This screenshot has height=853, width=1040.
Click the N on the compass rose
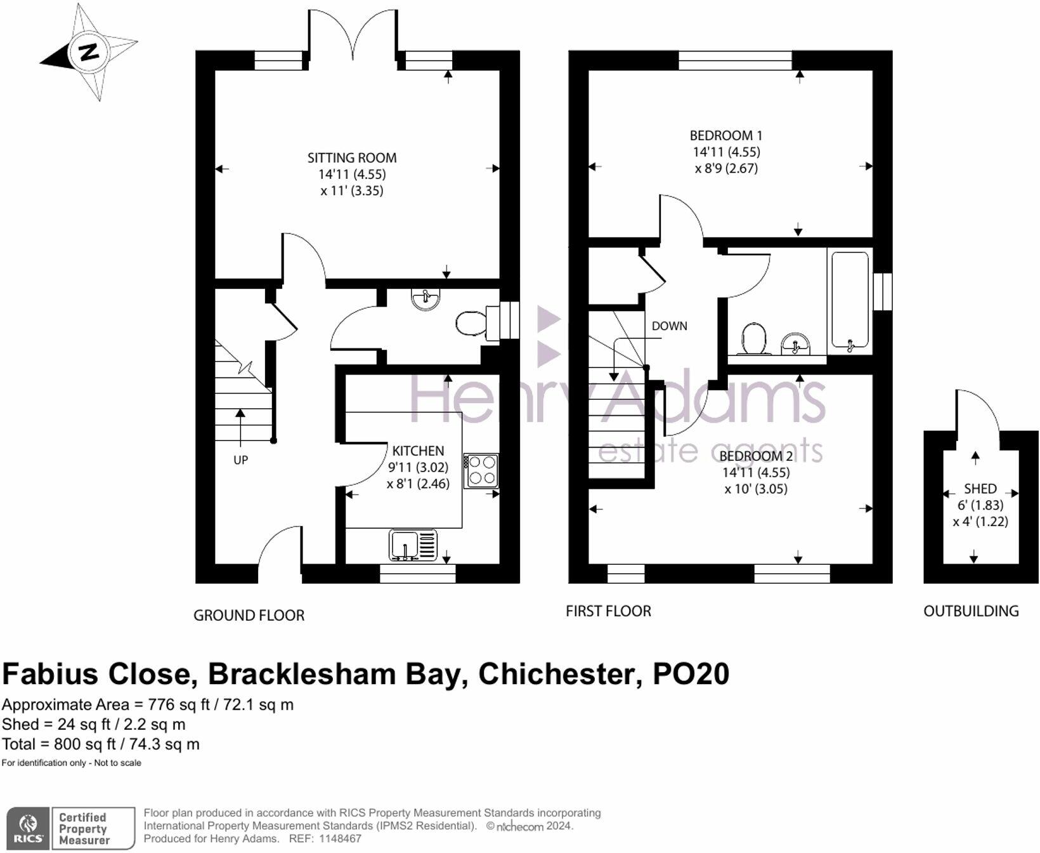pyautogui.click(x=88, y=52)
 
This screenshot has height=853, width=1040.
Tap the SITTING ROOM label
pyautogui.click(x=352, y=158)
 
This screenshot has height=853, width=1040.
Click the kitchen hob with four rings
pyautogui.click(x=481, y=471)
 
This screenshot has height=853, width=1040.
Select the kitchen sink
pyautogui.click(x=413, y=545)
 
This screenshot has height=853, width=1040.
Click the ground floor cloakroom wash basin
pyautogui.click(x=425, y=299)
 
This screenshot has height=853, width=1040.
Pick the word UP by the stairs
pyautogui.click(x=240, y=460)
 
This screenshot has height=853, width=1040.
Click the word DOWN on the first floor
pyautogui.click(x=670, y=326)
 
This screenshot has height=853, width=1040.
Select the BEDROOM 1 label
pyautogui.click(x=726, y=135)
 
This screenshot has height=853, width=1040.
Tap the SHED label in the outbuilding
pyautogui.click(x=980, y=489)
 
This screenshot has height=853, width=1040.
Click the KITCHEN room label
pyautogui.click(x=418, y=451)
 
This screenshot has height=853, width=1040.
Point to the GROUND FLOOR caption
pyautogui.click(x=249, y=615)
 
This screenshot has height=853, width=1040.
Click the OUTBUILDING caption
pyautogui.click(x=971, y=611)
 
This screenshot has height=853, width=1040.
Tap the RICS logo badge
pyautogui.click(x=28, y=828)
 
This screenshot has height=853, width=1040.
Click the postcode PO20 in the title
pyautogui.click(x=691, y=674)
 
